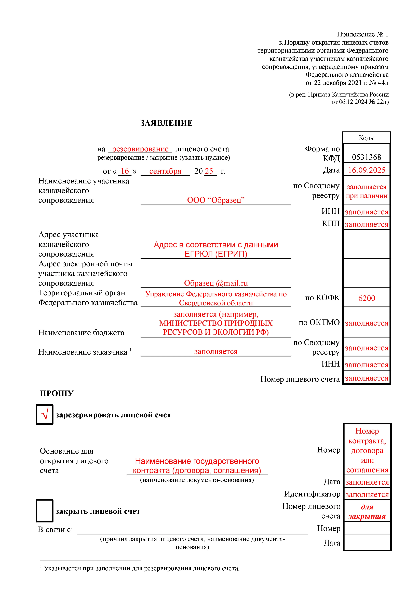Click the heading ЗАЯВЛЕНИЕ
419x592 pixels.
pos(166,123)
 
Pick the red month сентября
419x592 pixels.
pos(165,171)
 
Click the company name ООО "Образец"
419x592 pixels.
pos(216,200)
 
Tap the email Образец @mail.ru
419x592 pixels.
pos(216,283)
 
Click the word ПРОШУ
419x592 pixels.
pos(57,393)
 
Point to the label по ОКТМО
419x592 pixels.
pos(319,322)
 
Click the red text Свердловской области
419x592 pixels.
pos(216,303)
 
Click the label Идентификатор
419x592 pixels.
pos(312,494)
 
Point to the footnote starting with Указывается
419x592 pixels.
pos(141,568)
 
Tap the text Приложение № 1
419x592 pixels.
pos(362,34)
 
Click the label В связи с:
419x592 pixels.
pos(55,530)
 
